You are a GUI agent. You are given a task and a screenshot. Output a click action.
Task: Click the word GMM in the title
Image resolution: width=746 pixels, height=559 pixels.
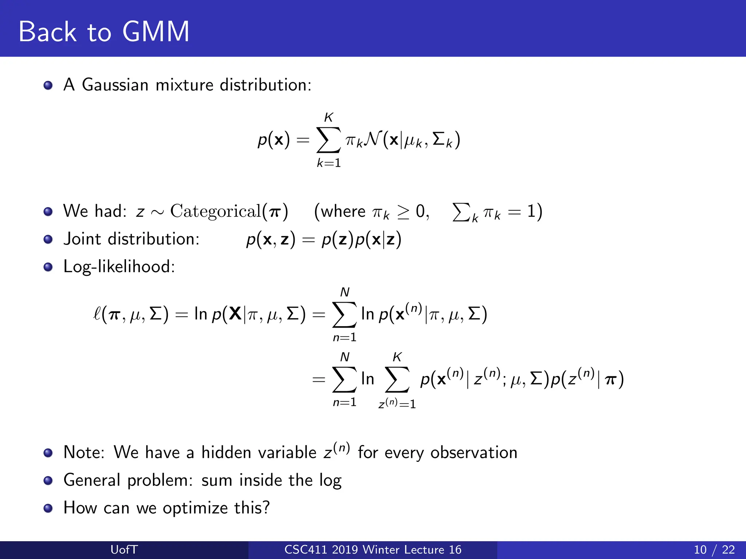pos(156,32)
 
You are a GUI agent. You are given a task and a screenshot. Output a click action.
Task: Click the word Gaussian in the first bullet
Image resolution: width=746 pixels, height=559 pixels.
pos(115,85)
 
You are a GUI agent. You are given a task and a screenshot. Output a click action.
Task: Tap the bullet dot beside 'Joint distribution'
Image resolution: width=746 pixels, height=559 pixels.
pos(48,239)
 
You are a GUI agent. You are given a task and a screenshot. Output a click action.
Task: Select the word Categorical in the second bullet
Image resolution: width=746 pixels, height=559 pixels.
pos(216,211)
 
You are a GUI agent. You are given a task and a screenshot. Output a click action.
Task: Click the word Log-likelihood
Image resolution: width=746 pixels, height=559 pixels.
pos(119,267)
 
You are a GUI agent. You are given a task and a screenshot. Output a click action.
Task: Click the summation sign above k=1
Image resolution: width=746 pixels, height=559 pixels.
pos(329,140)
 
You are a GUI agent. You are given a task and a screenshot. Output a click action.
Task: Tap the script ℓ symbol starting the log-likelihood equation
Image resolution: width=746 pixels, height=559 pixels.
pos(97,314)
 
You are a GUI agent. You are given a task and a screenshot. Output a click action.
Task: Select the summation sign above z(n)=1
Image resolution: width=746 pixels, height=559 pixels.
pos(397,380)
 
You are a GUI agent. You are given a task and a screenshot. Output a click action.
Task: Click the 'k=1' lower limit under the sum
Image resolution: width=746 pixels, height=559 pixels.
pos(329,163)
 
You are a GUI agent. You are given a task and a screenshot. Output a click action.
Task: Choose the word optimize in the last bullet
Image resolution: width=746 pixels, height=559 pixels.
pos(195,508)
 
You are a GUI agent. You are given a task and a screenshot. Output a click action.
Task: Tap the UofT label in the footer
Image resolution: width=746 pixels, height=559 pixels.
pos(124,550)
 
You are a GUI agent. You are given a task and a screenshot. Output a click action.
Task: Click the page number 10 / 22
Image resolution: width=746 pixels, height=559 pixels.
pos(714,550)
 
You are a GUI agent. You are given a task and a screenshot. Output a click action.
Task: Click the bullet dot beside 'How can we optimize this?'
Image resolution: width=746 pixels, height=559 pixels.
pos(48,508)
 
